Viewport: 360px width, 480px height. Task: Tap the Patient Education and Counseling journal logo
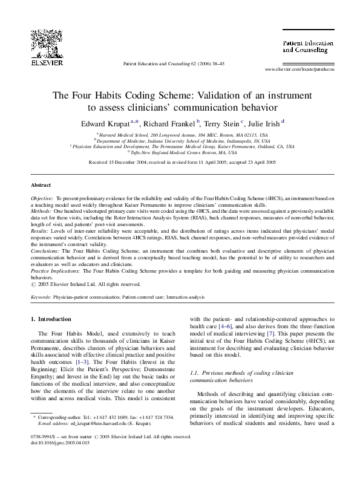[x=306, y=45]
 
